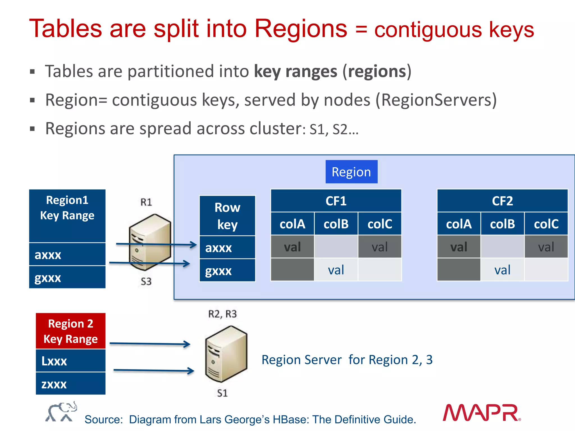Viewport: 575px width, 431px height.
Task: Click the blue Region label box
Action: pyautogui.click(x=351, y=172)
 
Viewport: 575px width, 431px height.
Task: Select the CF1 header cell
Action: pyautogui.click(x=336, y=201)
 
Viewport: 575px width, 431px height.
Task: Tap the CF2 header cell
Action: pyautogui.click(x=502, y=201)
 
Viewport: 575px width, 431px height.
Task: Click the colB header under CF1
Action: pyautogui.click(x=336, y=224)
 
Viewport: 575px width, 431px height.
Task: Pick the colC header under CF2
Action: pyautogui.click(x=546, y=224)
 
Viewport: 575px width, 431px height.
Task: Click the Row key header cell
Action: pyautogui.click(x=227, y=216)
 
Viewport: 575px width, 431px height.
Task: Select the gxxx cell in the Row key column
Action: pyautogui.click(x=227, y=270)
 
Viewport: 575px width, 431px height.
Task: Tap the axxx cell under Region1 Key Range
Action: pyautogui.click(x=67, y=255)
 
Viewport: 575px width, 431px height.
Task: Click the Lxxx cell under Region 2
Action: pyautogui.click(x=70, y=361)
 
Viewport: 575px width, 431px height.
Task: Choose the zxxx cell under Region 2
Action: pyautogui.click(x=70, y=384)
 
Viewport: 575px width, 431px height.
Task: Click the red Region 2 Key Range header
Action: pyautogui.click(x=70, y=331)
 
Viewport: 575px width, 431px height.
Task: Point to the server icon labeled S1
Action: pyautogui.click(x=226, y=354)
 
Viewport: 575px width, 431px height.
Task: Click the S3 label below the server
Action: pyautogui.click(x=146, y=281)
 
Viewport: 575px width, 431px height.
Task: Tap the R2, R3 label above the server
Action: pyautogui.click(x=222, y=314)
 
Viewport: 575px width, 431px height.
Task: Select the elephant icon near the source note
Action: pyautogui.click(x=61, y=412)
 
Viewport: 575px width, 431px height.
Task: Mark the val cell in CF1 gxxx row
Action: pyautogui.click(x=336, y=270)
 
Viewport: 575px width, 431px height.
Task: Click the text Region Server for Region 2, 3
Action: pyautogui.click(x=347, y=360)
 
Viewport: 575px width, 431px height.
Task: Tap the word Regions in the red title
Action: pyautogui.click(x=301, y=29)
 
